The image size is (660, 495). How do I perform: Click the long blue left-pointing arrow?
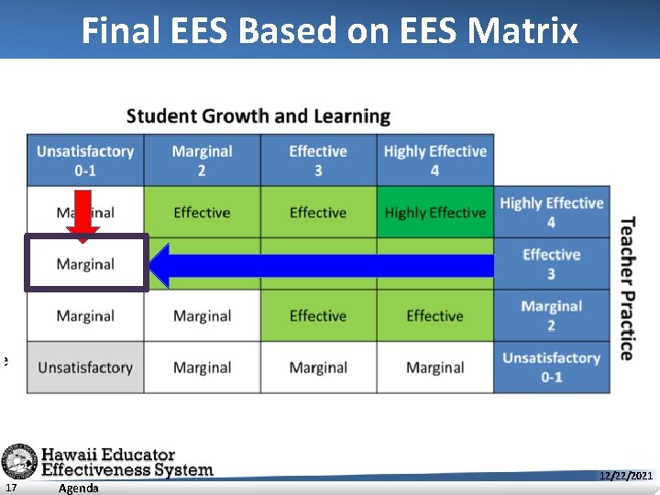tap(321, 265)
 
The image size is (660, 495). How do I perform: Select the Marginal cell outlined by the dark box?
tap(86, 264)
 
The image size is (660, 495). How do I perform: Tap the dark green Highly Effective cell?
tap(434, 213)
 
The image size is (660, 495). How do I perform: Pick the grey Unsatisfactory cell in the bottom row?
tap(85, 368)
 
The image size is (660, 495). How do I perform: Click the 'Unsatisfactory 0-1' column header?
tap(85, 160)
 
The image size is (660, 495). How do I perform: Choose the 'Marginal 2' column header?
tap(202, 160)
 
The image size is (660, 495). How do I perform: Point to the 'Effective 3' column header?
tap(318, 160)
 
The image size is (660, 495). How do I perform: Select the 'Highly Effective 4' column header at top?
tap(434, 160)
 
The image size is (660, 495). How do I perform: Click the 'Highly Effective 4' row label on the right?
tap(551, 213)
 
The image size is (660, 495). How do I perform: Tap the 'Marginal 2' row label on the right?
tap(551, 316)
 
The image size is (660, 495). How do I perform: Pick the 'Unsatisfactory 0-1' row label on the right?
tap(551, 368)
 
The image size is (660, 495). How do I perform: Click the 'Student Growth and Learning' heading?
tap(258, 116)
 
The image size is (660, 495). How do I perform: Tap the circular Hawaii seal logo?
tap(18, 461)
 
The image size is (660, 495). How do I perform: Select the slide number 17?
tap(9, 488)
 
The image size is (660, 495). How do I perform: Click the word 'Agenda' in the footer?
tap(78, 488)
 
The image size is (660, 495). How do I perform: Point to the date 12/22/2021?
tap(625, 476)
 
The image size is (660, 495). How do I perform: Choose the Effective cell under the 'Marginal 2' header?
tap(202, 213)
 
